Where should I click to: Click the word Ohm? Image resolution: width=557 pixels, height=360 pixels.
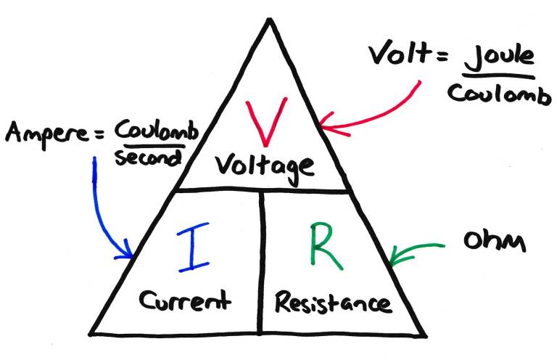pyautogui.click(x=492, y=242)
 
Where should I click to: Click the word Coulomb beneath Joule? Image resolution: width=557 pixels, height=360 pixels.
pyautogui.click(x=498, y=94)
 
